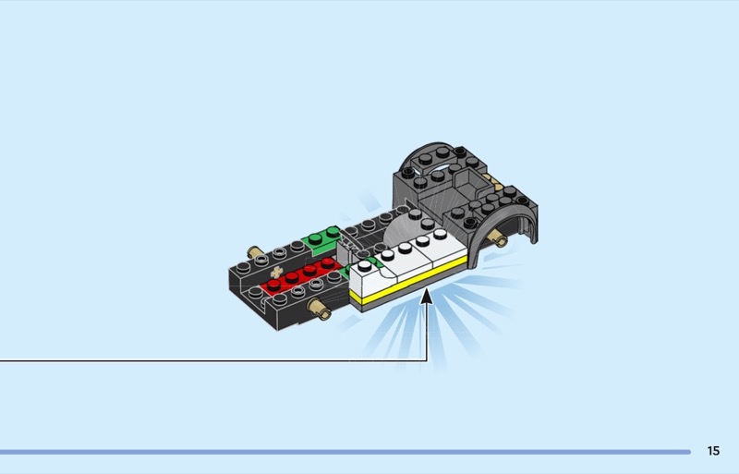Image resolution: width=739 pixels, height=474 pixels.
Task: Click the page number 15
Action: (x=713, y=451)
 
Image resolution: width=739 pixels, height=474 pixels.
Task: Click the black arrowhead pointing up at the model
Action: (x=427, y=297)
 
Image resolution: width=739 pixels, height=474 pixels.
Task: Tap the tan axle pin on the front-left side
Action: (x=319, y=309)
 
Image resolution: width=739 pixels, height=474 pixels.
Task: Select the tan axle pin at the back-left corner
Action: (x=256, y=252)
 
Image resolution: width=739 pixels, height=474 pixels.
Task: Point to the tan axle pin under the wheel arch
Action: (x=497, y=237)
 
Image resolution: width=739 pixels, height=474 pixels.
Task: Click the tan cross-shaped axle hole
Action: (x=276, y=272)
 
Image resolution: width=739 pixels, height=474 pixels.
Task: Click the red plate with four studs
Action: (x=302, y=276)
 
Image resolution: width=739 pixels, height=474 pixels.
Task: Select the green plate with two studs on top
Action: (x=321, y=239)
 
